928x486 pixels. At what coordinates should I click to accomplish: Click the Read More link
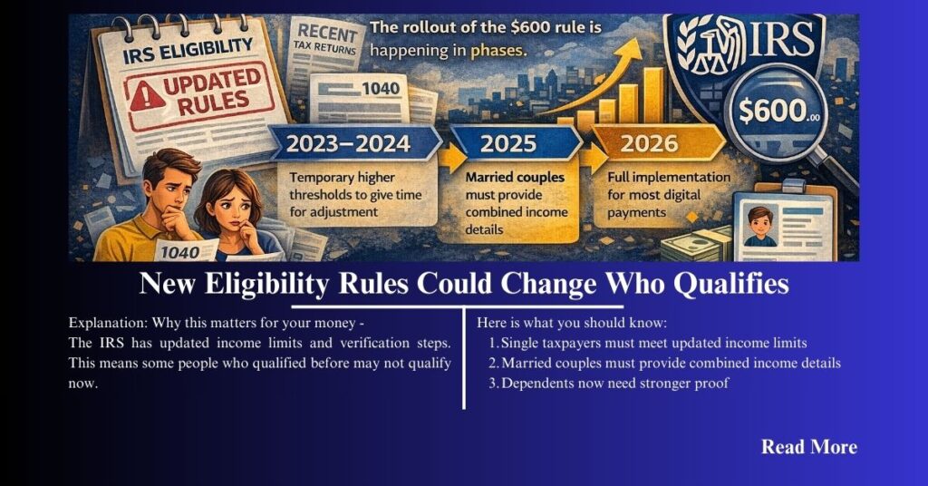tap(808, 447)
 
